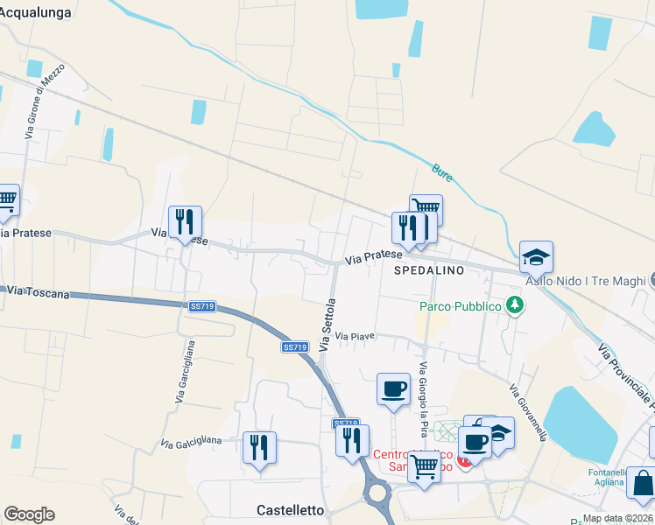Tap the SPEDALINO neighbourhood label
click(x=429, y=271)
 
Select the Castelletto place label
click(x=290, y=509)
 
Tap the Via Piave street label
click(x=354, y=336)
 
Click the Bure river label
click(x=442, y=173)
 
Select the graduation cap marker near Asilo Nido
click(x=536, y=258)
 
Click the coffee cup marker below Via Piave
click(x=393, y=388)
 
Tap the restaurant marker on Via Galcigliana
click(x=259, y=446)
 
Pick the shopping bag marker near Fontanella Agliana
click(x=643, y=484)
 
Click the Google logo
click(x=29, y=514)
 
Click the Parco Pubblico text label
click(x=460, y=306)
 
